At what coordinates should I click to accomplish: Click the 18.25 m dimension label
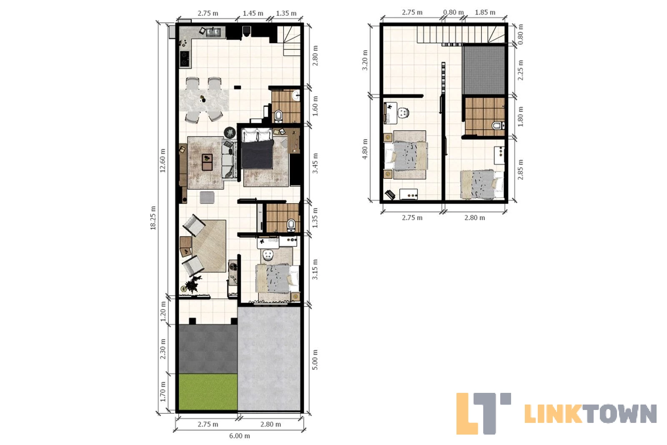[x=153, y=218]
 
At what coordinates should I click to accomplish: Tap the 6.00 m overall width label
[x=239, y=436]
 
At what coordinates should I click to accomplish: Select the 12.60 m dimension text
[x=163, y=161]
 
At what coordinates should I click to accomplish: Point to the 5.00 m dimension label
[x=315, y=360]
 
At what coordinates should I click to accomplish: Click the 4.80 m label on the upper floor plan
[x=365, y=149]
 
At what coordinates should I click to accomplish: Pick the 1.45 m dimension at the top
[x=253, y=13]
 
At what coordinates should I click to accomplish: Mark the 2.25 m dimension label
[x=520, y=70]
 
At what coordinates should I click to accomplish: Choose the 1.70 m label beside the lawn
[x=163, y=392]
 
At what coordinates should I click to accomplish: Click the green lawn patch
[x=208, y=392]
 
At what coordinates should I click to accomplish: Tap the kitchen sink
[x=214, y=32]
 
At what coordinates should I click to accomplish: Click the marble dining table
[x=204, y=100]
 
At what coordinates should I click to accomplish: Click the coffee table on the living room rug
[x=207, y=162]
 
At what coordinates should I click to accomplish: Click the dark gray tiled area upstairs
[x=484, y=70]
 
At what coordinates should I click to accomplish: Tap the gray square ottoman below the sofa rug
[x=207, y=198]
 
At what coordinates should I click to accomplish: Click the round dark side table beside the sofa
[x=230, y=133]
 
